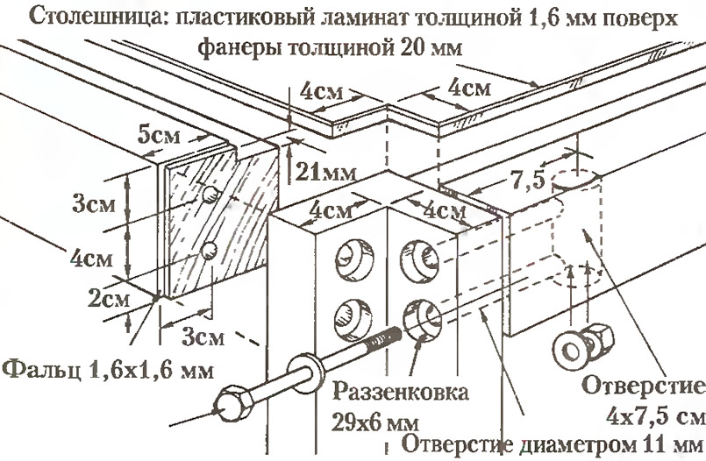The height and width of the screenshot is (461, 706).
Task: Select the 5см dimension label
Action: coord(162,137)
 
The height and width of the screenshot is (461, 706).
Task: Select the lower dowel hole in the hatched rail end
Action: coord(210,252)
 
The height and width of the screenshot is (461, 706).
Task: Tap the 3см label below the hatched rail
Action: coord(203,335)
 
